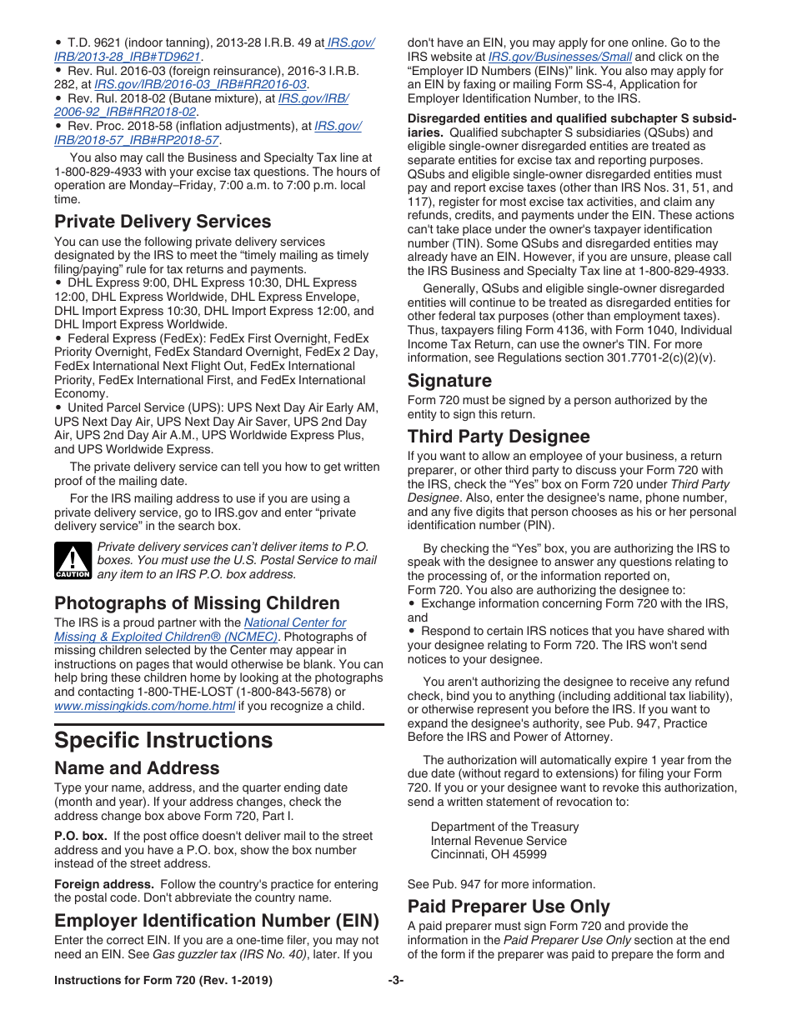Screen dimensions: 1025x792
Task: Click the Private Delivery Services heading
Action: point(163,222)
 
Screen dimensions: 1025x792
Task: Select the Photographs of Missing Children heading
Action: point(197,603)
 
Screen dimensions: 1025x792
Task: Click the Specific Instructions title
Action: point(163,740)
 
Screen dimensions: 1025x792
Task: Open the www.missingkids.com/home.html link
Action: point(144,706)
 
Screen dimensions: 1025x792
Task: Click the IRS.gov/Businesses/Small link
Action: point(559,57)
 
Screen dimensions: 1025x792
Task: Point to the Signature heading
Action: point(449,381)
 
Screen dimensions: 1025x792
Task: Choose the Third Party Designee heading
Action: point(499,437)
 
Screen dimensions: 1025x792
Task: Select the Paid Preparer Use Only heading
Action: point(509,907)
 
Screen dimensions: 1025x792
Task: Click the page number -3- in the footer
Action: point(395,981)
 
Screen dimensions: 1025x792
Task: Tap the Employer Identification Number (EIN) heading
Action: point(217,921)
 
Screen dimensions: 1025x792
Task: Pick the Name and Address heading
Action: point(137,768)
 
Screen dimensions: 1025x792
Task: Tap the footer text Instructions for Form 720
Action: point(163,981)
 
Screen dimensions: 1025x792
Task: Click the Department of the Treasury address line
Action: point(504,827)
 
